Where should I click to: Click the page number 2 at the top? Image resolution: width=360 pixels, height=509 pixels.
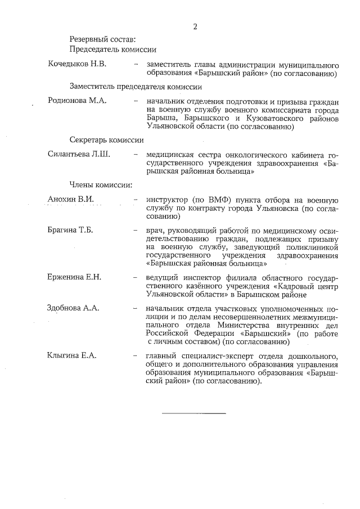(x=195, y=26)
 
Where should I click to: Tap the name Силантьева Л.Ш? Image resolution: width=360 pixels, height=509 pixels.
(x=79, y=154)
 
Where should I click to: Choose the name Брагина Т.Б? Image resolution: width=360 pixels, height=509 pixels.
(x=70, y=229)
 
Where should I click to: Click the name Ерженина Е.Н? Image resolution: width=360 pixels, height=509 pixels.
(x=74, y=277)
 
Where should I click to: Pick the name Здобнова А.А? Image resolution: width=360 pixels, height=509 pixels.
(x=74, y=309)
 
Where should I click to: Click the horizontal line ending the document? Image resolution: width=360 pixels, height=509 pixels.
(x=193, y=413)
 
